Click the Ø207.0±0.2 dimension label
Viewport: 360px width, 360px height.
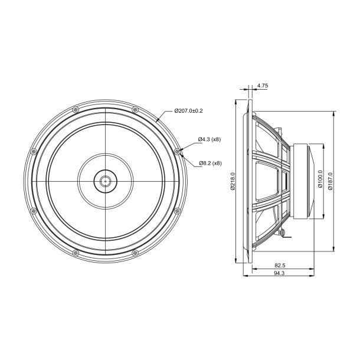188,110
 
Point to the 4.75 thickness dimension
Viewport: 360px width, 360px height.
263,86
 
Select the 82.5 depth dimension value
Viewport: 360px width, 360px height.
280,266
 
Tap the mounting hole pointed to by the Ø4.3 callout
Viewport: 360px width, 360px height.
178,151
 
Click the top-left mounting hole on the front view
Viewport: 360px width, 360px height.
74,109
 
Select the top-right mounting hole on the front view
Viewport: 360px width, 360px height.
135,109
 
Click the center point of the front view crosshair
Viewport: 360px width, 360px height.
105,181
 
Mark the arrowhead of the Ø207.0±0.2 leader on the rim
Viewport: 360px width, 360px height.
156,122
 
